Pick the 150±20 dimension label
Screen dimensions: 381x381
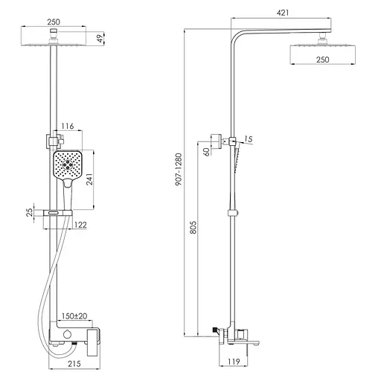[x=74, y=316]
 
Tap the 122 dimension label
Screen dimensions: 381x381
[x=81, y=224]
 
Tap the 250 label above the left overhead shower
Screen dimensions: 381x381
[x=54, y=22]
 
